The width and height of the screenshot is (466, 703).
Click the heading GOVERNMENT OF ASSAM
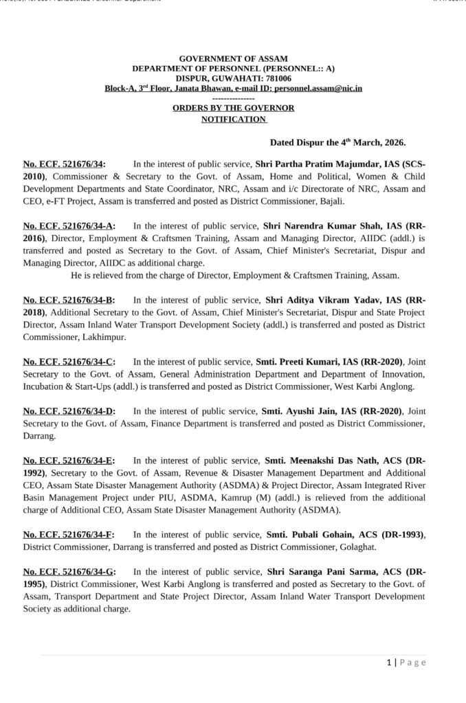233,59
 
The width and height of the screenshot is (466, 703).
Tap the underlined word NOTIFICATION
233,119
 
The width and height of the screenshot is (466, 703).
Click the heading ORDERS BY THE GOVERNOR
233,108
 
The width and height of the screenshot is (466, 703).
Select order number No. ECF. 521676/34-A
69,224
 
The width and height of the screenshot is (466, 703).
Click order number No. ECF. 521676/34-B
69,299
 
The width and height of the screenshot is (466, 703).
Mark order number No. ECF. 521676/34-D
69,411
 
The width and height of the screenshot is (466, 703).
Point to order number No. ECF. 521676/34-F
68,534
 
